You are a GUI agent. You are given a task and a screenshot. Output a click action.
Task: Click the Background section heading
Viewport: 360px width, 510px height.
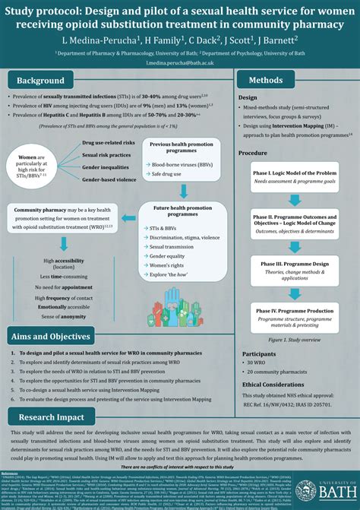[x=42, y=81]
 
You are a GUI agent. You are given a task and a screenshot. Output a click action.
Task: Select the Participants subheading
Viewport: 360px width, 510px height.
[x=259, y=354]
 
